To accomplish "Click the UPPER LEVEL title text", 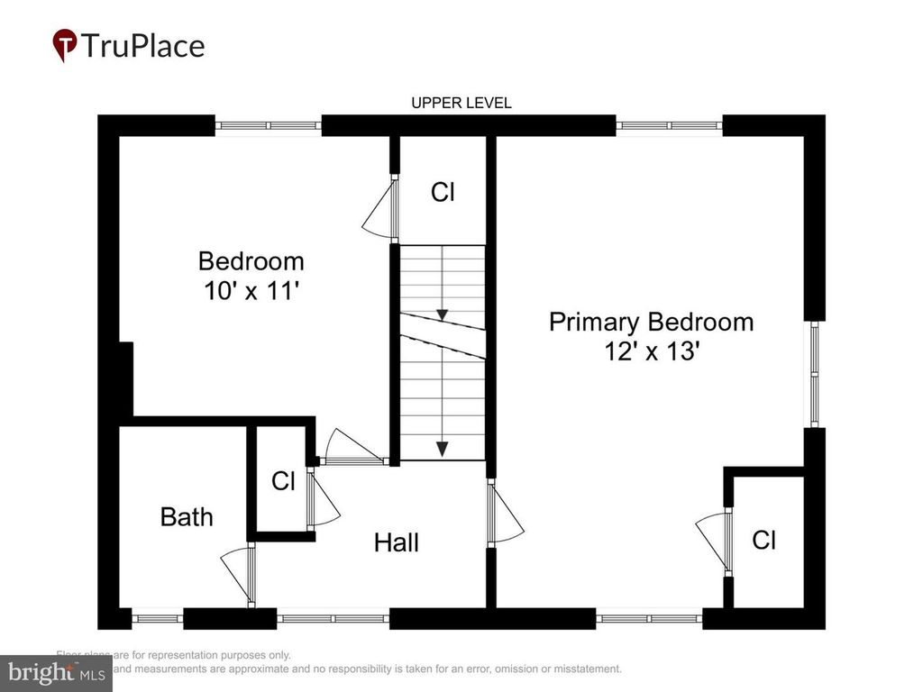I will (x=461, y=103).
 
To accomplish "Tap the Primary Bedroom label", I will (x=651, y=322).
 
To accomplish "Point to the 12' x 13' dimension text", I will (x=651, y=351).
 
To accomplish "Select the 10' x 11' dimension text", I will (x=251, y=291).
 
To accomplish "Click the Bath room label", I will (x=187, y=516).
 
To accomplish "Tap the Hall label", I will (x=397, y=542).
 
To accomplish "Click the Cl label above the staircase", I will (x=442, y=192).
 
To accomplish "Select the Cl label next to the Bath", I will (x=283, y=481).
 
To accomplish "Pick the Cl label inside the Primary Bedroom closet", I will (x=764, y=540).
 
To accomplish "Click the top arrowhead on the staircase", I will (x=442, y=314).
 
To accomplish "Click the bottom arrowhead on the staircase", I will (x=442, y=449).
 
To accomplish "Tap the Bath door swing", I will (x=238, y=572).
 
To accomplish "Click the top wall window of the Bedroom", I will (x=268, y=125).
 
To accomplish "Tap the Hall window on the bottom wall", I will (x=333, y=618).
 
